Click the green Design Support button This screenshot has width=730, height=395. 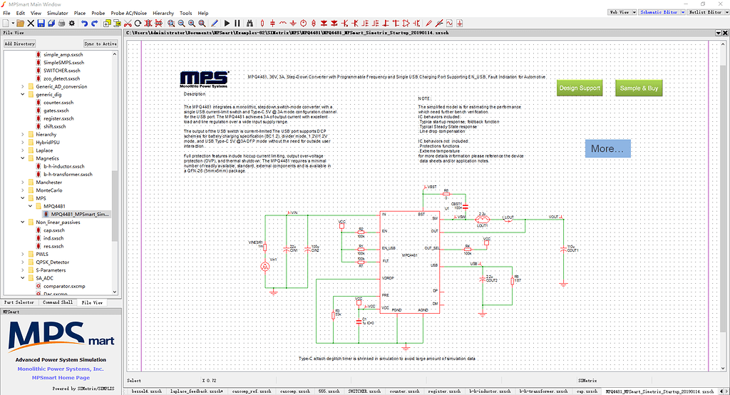(x=580, y=88)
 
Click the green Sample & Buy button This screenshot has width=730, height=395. (x=639, y=88)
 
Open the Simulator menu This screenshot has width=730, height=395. (x=57, y=13)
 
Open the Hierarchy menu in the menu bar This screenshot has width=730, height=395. (x=163, y=13)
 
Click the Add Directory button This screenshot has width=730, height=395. (x=19, y=43)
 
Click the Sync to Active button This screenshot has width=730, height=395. (x=100, y=43)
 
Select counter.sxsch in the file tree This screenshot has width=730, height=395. (x=58, y=102)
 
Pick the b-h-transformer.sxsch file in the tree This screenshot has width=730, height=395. (x=68, y=174)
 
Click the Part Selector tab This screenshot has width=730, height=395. (x=19, y=302)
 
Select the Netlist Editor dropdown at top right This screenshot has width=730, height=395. (x=704, y=12)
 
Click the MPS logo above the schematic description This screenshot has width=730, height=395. (x=204, y=79)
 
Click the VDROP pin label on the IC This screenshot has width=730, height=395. (x=388, y=277)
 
